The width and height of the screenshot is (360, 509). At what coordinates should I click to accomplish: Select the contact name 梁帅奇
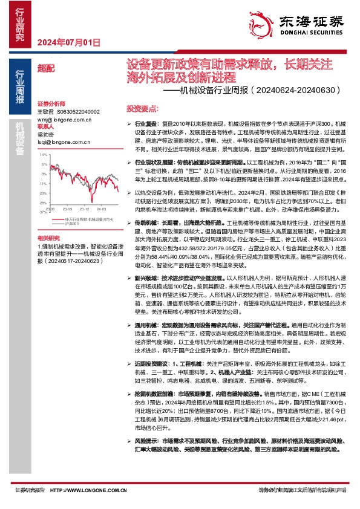pos(46,134)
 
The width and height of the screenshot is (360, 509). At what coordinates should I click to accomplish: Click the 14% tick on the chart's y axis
pos(43,155)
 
